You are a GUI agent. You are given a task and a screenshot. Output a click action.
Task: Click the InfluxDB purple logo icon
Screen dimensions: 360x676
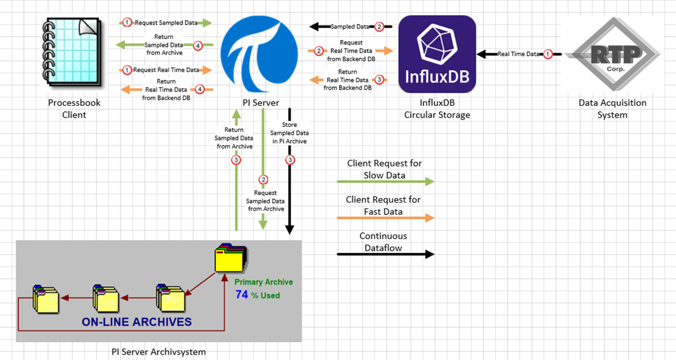coord(437,54)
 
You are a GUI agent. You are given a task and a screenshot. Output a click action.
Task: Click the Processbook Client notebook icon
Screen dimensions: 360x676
coord(73,52)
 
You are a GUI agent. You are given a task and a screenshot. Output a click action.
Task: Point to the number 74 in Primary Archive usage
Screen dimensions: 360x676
coord(242,294)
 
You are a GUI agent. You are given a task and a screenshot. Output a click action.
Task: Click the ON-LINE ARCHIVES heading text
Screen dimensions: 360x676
coord(137,322)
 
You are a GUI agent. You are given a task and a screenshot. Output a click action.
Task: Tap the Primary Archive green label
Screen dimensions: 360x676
coord(263,282)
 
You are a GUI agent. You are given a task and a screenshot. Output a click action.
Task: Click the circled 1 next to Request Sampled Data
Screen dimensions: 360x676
coord(127,22)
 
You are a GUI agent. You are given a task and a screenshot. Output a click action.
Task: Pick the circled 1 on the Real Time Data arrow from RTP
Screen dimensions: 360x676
coord(548,54)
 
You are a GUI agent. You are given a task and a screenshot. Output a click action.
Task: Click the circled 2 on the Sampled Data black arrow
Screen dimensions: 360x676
coord(379,27)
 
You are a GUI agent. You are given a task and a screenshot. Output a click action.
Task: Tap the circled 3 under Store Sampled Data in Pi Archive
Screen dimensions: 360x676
coord(290,160)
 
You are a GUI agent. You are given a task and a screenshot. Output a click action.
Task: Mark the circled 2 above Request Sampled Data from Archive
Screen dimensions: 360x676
coord(263,180)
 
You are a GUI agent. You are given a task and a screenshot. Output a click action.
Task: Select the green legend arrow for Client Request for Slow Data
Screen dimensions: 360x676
coord(385,181)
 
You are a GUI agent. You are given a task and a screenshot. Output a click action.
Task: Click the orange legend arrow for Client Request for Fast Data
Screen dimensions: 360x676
coord(385,218)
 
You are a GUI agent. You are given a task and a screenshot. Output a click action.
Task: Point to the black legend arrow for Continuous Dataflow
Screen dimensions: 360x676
coord(385,254)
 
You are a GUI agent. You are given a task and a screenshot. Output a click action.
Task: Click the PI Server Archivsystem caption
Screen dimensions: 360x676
coord(159,352)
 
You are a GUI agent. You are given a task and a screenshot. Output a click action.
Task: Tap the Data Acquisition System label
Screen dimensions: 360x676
coord(612,109)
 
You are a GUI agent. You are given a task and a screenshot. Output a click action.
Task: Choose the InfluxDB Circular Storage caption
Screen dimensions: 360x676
coord(437,109)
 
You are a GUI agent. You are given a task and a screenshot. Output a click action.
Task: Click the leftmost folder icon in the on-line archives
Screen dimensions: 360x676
coord(46,299)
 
